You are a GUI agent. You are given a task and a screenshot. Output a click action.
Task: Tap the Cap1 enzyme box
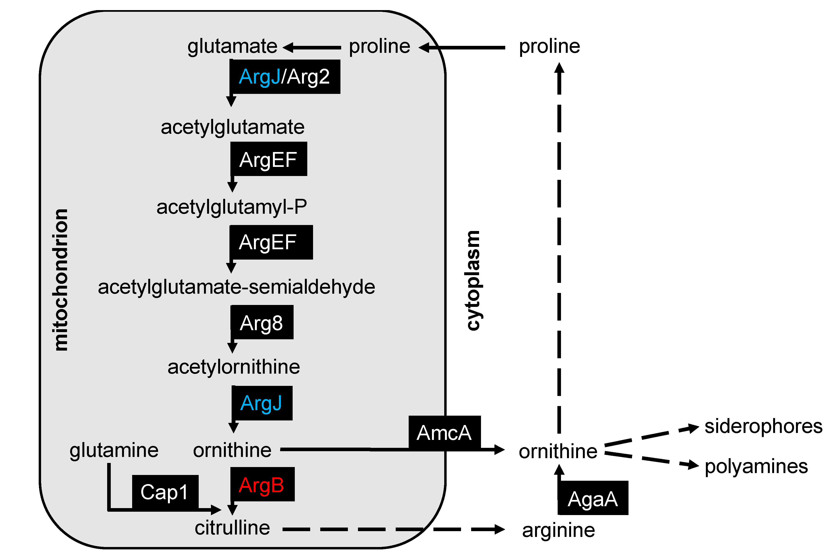pos(165,492)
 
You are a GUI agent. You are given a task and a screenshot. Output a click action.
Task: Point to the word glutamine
pos(114,450)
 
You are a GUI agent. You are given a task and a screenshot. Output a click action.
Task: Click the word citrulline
pos(232,528)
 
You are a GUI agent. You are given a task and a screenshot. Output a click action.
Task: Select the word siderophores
pos(763,426)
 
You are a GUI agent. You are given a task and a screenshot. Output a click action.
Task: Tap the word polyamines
pos(756,466)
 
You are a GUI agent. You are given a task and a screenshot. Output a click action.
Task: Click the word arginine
pos(558,530)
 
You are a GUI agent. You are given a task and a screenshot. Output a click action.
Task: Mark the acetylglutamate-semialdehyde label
pos(236,287)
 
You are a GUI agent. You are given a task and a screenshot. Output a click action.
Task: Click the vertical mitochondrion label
pos(60,280)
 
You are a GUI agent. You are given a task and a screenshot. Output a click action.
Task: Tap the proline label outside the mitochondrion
pos(549,46)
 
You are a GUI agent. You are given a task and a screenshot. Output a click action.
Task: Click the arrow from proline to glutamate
pos(312,47)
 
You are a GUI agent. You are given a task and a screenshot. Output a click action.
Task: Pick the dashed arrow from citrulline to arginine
pos(392,529)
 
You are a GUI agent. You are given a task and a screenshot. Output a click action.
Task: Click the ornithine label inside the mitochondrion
pos(232,450)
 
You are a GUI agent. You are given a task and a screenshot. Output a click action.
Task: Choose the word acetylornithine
pos(234,367)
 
